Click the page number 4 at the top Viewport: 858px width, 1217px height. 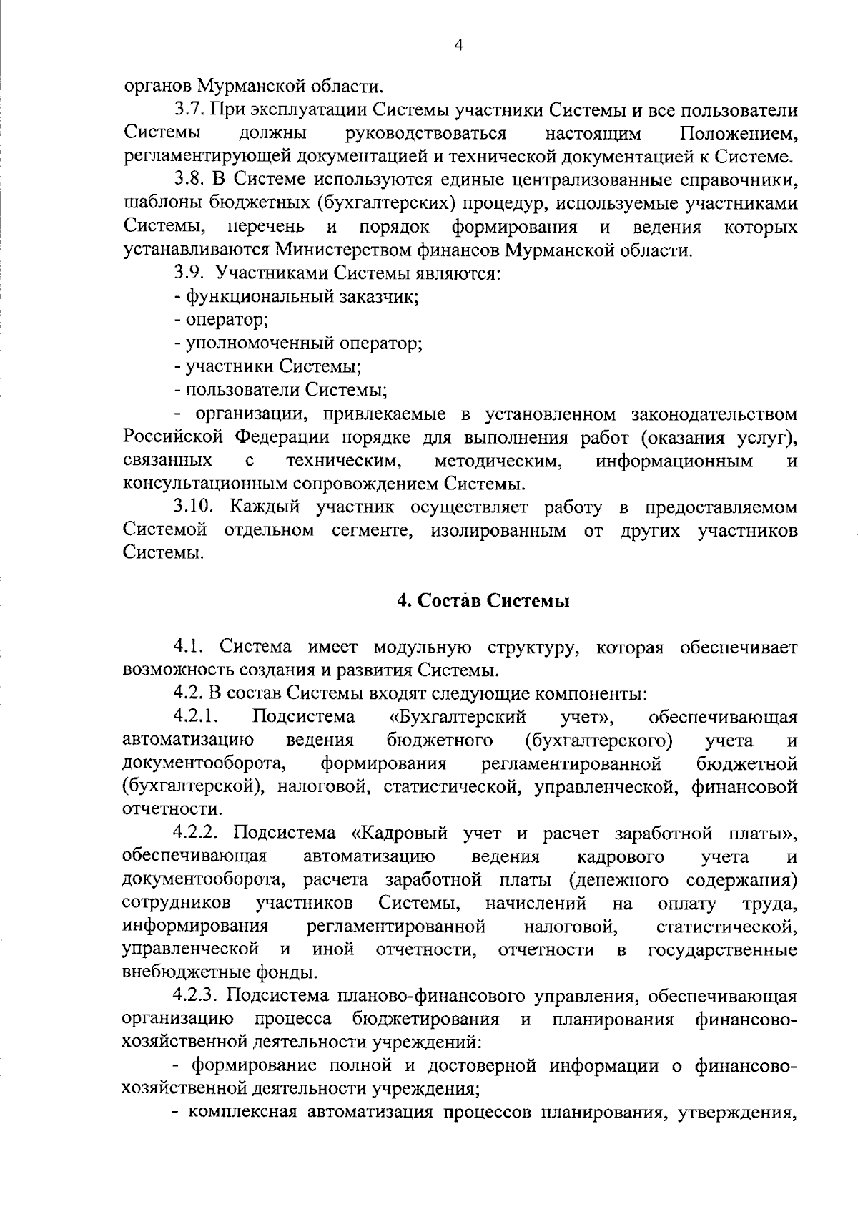click(459, 46)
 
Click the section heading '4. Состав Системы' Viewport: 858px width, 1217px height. click(483, 601)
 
